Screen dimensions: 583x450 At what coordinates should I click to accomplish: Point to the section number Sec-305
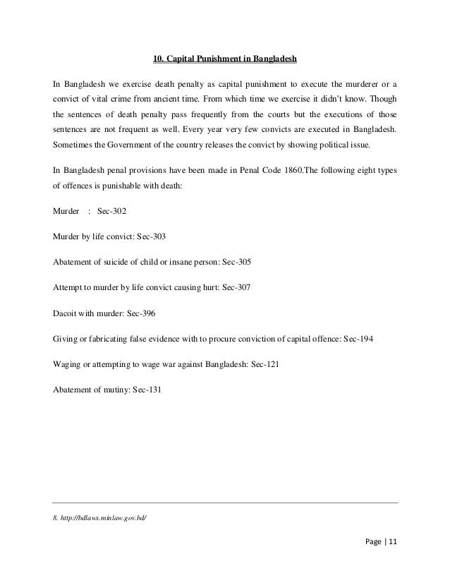click(x=233, y=261)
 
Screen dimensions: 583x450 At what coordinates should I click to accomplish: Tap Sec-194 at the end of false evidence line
click(x=358, y=338)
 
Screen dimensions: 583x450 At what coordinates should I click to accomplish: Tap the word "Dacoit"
click(x=66, y=313)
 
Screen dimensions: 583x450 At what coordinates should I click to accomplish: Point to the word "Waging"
click(x=67, y=363)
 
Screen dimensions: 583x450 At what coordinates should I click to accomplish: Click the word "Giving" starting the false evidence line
click(x=66, y=338)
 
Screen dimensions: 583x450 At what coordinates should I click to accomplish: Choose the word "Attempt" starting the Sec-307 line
click(x=68, y=287)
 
